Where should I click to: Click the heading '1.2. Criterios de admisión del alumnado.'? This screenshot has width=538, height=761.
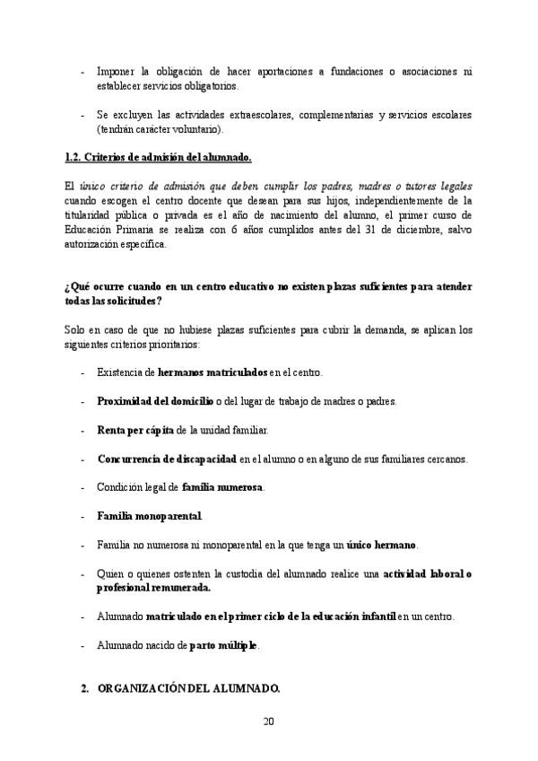point(159,158)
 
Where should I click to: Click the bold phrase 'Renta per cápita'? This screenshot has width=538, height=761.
point(135,430)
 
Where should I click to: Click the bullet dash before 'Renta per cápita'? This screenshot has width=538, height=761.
point(83,430)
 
